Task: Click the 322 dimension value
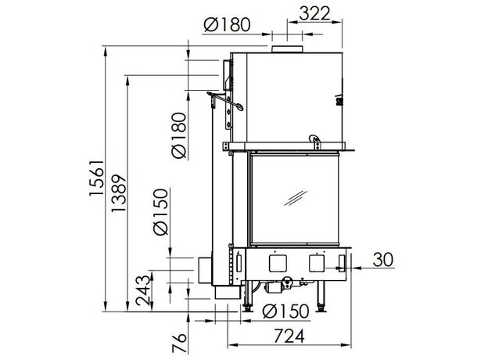[x=314, y=14]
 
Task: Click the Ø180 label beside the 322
[x=227, y=24]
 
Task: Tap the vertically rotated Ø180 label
[x=179, y=135]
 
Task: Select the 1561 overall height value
[x=96, y=178]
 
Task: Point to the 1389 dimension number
[x=119, y=193]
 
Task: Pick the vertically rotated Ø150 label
[x=160, y=212]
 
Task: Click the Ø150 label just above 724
[x=286, y=311]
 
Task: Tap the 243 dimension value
[x=143, y=290]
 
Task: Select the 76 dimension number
[x=180, y=343]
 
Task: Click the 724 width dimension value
[x=289, y=336]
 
